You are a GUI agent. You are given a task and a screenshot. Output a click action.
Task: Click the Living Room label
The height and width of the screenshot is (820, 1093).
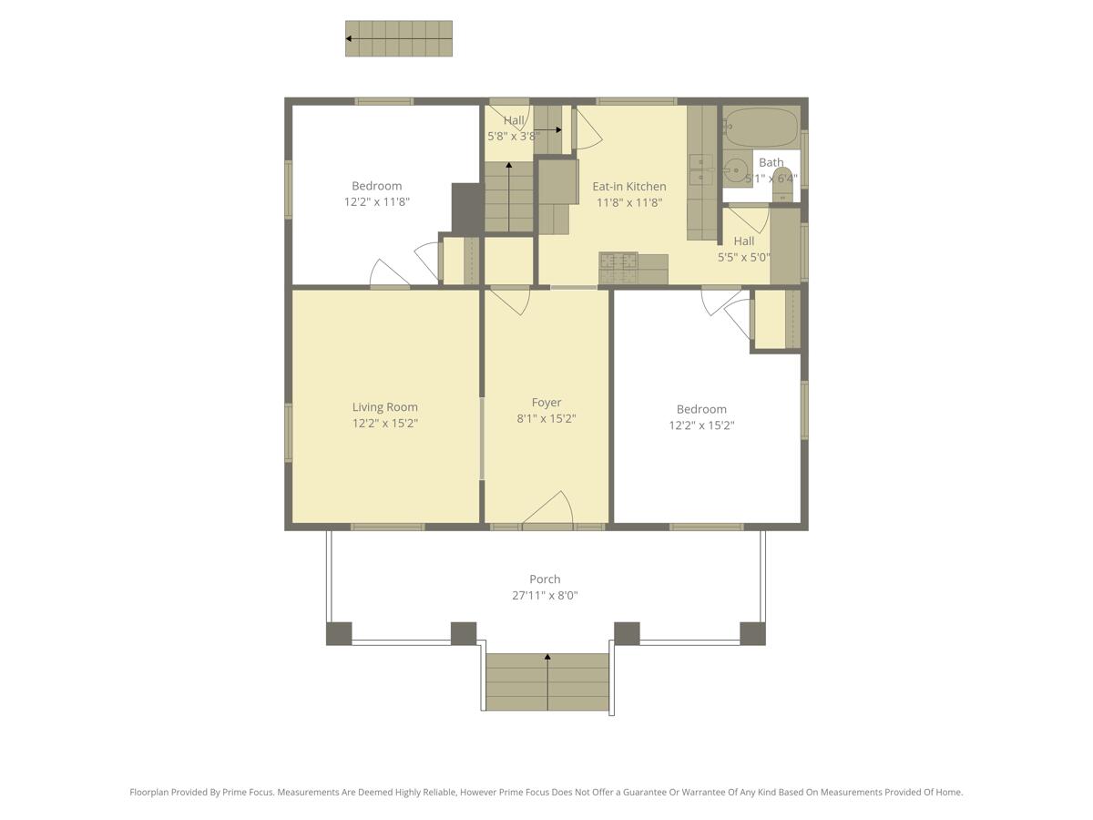click(384, 406)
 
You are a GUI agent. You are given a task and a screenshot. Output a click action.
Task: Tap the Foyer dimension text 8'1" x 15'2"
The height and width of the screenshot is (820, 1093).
click(546, 418)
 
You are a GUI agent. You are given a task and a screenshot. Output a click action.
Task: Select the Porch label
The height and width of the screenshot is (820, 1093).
click(545, 579)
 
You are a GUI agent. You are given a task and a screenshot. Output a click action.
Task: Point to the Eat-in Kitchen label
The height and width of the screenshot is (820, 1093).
click(628, 186)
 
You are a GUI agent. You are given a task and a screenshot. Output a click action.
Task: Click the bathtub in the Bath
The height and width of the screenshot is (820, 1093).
click(761, 128)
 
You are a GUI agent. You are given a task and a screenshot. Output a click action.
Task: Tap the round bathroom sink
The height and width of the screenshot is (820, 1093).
click(735, 170)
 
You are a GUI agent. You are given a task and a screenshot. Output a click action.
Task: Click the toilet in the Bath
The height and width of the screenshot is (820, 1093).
click(782, 185)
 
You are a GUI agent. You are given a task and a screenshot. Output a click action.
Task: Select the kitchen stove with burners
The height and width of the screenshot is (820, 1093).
click(618, 269)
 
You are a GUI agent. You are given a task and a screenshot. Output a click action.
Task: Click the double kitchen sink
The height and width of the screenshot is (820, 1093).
click(701, 169)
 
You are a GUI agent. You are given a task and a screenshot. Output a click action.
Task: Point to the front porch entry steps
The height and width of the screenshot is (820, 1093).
click(547, 682)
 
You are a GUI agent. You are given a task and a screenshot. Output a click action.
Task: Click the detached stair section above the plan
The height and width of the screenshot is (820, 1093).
click(399, 38)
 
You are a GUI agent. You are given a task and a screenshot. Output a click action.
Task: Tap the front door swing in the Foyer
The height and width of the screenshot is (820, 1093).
click(547, 507)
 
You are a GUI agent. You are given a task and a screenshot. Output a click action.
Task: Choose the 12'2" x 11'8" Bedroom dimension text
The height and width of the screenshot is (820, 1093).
click(376, 201)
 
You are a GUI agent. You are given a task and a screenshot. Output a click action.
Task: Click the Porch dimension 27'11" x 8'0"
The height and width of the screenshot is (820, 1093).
click(545, 595)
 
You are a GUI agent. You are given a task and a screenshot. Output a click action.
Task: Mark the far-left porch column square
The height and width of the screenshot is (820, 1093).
click(339, 633)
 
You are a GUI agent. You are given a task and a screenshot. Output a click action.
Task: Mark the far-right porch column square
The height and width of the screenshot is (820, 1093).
click(752, 633)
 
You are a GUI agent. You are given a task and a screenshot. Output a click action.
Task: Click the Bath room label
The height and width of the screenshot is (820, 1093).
click(771, 162)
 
